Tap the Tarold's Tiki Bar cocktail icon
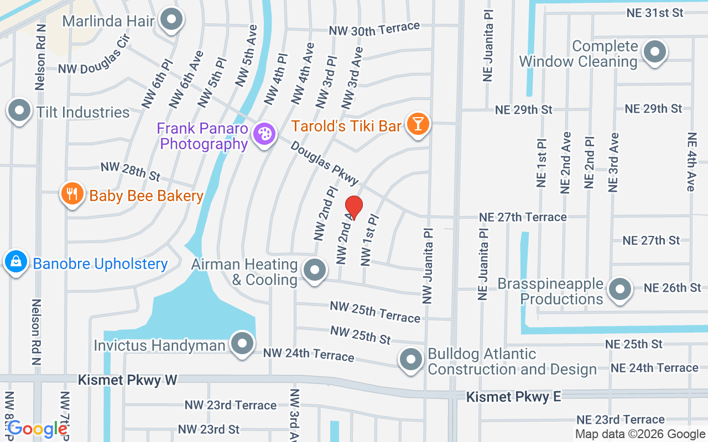tap(418, 123)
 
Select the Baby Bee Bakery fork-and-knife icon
tap(72, 193)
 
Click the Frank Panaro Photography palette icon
tap(264, 134)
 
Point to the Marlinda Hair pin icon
tap(171, 19)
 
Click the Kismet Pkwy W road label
tap(127, 380)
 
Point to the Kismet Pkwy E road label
tap(513, 397)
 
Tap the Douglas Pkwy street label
tap(325, 164)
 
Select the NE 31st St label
tap(655, 13)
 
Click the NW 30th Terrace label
tap(374, 29)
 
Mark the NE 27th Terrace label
tap(523, 217)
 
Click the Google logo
tap(38, 429)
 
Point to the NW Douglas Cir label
tap(94, 61)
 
